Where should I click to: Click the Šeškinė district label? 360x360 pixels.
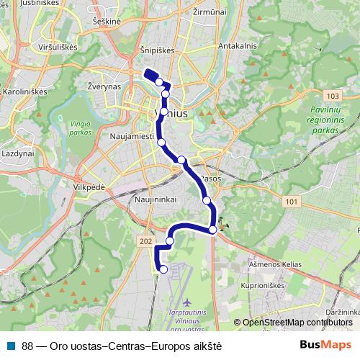click(x=106, y=22)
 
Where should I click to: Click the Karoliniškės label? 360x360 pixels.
click(x=24, y=93)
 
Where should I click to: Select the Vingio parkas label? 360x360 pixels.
click(x=81, y=127)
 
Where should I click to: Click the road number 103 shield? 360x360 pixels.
click(x=331, y=96)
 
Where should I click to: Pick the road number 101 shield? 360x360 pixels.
click(x=289, y=202)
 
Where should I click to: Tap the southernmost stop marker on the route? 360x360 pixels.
click(x=163, y=269)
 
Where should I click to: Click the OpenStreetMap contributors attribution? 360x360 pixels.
click(x=296, y=322)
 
